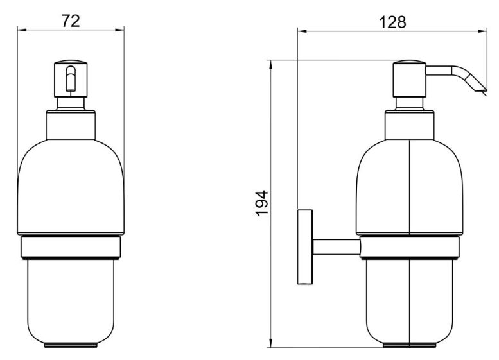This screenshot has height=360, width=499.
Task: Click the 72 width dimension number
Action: pos(71,21)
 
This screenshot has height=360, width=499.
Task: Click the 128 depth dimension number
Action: pos(392,22)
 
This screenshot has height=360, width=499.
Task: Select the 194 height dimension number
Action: pos(262,203)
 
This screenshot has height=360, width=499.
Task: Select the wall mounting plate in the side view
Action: pos(305,247)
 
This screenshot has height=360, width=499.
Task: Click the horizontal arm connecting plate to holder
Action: pos(337,247)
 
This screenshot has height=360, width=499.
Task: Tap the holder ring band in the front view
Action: pos(71,247)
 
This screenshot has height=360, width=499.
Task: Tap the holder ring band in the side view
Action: pos(410,247)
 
